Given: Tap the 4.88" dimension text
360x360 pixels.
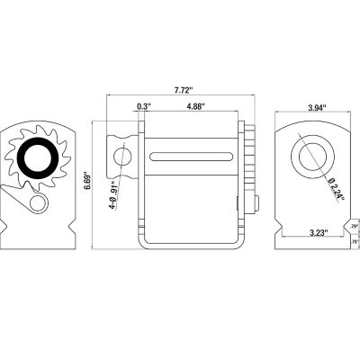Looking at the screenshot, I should click(193, 107).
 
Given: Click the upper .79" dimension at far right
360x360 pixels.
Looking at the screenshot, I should click(355, 227).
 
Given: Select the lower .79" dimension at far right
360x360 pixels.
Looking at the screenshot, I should click(355, 242).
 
